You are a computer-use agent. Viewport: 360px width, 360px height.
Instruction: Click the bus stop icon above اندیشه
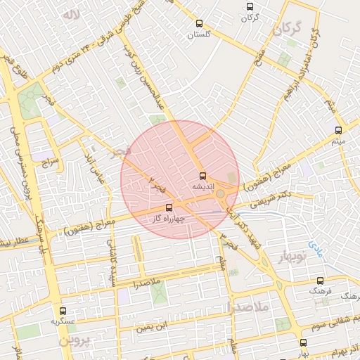(x=202, y=176)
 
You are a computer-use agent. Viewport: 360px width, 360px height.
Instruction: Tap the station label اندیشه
(x=202, y=187)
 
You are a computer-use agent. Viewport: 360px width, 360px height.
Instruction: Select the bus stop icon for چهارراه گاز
(x=168, y=207)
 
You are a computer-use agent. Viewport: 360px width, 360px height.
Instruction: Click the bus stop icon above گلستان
(x=199, y=21)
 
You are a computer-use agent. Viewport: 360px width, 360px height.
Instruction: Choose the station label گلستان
(x=199, y=33)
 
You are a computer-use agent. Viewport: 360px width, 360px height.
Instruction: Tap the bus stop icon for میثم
(x=338, y=130)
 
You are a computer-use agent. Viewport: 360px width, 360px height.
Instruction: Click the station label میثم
(x=338, y=141)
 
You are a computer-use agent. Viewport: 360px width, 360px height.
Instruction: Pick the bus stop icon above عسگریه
(x=63, y=311)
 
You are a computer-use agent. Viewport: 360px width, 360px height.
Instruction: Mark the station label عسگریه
(x=63, y=322)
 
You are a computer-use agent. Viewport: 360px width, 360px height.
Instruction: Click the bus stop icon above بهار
(x=303, y=342)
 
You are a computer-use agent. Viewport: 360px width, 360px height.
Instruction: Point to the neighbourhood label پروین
(x=75, y=341)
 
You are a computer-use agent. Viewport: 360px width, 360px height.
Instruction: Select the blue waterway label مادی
(x=314, y=249)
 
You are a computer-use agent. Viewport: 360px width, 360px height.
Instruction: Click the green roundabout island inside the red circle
(x=220, y=193)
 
